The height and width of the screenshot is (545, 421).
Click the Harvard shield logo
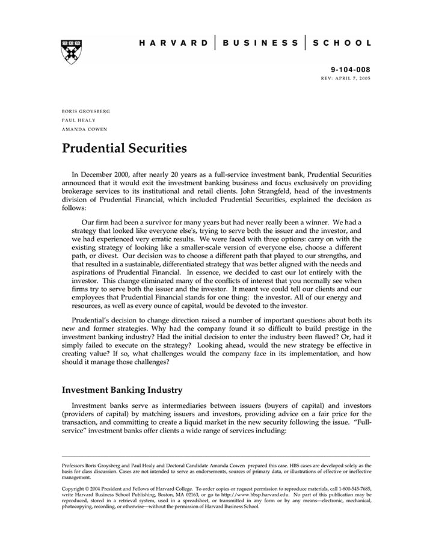(x=72, y=52)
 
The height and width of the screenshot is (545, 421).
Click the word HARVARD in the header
(x=173, y=43)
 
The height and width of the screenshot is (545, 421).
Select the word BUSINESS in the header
(x=260, y=43)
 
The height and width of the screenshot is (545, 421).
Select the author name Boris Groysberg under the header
(x=86, y=111)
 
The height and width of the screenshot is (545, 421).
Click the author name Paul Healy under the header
(x=78, y=120)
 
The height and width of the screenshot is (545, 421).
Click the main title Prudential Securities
(x=124, y=148)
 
